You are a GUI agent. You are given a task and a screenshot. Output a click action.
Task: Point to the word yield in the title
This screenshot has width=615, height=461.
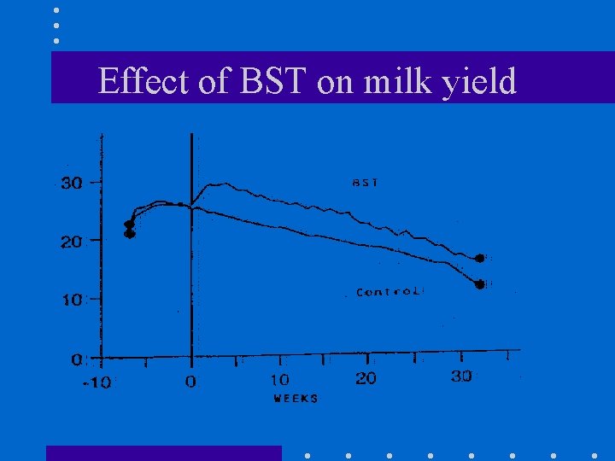point(480,83)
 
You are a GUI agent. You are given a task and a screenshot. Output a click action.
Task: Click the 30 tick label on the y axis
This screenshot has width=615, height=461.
point(70,183)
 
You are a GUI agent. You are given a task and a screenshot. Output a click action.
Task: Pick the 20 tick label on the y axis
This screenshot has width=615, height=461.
point(70,242)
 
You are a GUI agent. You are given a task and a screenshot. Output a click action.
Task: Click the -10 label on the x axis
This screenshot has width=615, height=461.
point(96,382)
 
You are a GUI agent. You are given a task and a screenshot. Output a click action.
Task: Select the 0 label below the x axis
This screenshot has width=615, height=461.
point(190,382)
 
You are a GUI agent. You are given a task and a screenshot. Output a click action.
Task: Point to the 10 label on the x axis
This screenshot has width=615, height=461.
point(279,379)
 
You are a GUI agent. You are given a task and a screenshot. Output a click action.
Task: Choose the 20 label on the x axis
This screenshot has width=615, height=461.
point(366,378)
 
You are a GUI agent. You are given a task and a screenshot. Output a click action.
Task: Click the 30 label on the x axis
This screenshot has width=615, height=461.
point(461,376)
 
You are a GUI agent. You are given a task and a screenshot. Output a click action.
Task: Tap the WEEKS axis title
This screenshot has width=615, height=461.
point(296,399)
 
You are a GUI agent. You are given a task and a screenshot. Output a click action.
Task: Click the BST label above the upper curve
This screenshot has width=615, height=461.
point(366,182)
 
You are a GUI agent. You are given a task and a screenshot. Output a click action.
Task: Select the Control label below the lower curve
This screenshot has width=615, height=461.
point(389,292)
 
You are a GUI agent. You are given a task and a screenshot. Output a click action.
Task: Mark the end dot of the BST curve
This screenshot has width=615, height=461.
point(480,258)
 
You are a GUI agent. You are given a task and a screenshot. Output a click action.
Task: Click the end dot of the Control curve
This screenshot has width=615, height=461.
point(480,283)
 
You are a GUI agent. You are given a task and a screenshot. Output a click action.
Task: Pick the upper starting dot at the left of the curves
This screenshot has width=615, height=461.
point(129,225)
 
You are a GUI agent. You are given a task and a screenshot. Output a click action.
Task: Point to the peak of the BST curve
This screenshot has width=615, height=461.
point(220,184)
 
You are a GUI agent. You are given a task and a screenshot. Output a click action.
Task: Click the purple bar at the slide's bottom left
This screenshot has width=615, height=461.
point(163,452)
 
